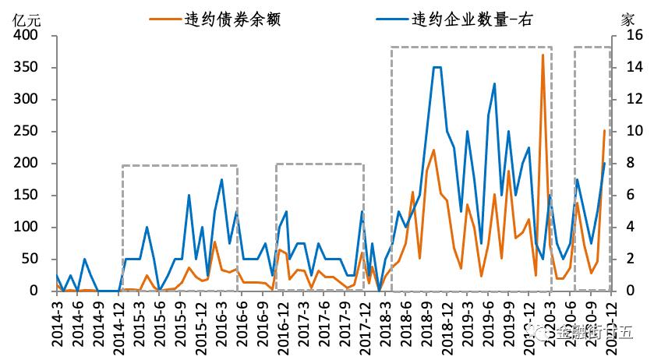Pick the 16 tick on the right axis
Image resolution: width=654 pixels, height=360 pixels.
(x=631, y=36)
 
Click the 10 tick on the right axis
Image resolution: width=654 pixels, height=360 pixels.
(x=631, y=132)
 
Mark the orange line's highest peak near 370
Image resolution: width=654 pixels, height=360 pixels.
(x=543, y=55)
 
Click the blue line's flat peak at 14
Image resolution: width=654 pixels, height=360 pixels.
(x=437, y=68)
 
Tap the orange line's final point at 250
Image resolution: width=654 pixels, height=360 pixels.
(x=604, y=131)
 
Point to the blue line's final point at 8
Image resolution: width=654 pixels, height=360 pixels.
(x=605, y=163)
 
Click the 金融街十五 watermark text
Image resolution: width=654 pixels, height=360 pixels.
(x=589, y=334)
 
